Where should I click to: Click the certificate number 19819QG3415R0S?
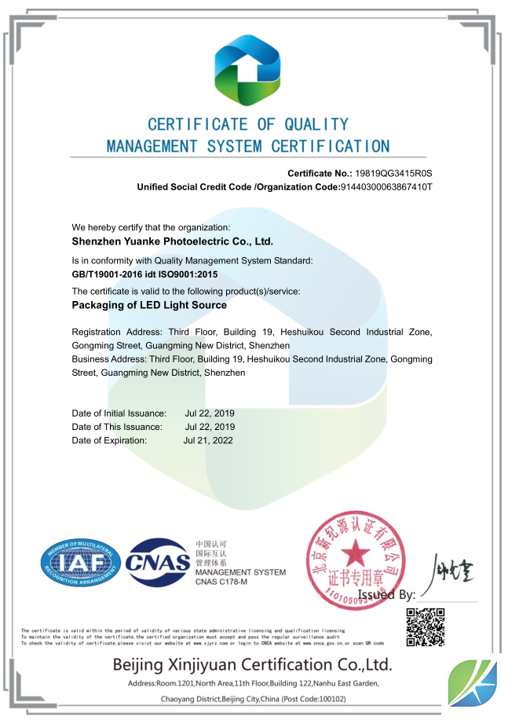point(394,173)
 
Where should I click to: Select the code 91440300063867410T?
point(386,187)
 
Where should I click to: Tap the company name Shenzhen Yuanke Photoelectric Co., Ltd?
point(172,242)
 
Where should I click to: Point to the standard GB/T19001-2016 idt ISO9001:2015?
point(144,274)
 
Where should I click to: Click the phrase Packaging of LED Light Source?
point(149,305)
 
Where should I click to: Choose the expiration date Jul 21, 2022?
point(208,440)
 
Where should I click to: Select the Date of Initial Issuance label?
point(119,413)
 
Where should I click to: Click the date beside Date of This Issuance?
point(210,427)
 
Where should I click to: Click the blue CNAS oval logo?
point(159,564)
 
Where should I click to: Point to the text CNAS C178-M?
point(221,581)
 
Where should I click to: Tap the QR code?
point(426,626)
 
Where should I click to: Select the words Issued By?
point(386,595)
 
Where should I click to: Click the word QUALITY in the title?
point(316,124)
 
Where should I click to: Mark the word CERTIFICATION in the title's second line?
point(331,146)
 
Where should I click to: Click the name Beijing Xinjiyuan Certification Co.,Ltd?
point(252,664)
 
